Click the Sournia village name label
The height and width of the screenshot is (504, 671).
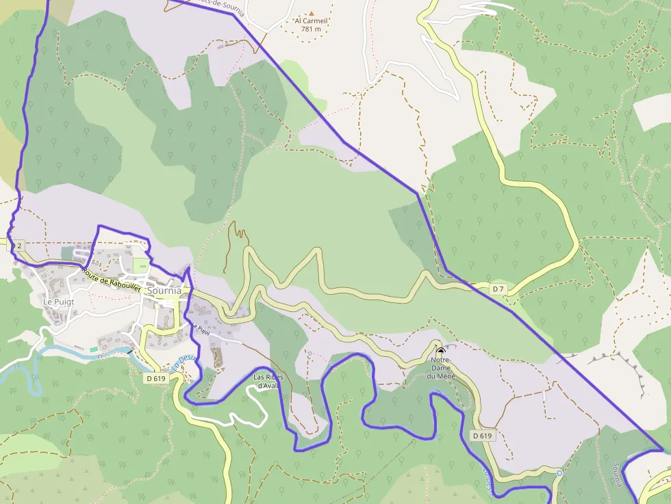(x=164, y=291)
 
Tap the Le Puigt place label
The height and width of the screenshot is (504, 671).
(x=58, y=301)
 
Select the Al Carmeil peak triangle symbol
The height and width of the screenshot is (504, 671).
(x=312, y=13)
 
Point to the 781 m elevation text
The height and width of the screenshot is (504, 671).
(x=312, y=29)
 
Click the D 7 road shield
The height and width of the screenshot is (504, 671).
(x=498, y=289)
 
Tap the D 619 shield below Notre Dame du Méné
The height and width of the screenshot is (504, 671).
(x=482, y=436)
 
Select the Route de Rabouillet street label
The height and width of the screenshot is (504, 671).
(x=112, y=280)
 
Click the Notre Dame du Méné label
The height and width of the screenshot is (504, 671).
(x=440, y=368)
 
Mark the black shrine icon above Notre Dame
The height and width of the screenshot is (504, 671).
(x=440, y=349)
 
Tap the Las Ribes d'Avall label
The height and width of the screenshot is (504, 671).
(x=268, y=381)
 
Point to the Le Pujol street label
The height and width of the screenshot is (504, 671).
(x=200, y=328)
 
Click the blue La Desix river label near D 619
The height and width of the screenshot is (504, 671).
(x=180, y=362)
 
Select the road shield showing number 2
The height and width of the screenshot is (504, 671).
(x=19, y=246)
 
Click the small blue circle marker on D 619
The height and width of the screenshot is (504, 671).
(x=559, y=473)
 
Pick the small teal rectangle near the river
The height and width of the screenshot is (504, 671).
(x=93, y=349)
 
